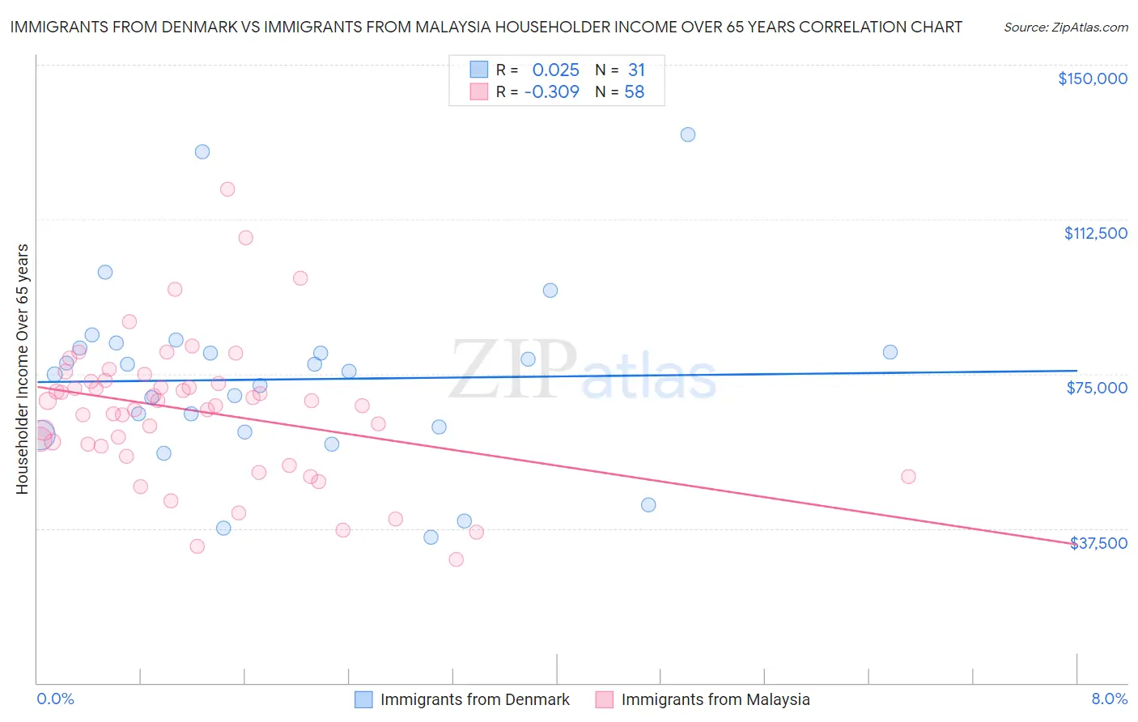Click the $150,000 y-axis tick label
tap(1092, 79)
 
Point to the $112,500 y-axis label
tap(1095, 233)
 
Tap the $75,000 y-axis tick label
tap(1097, 388)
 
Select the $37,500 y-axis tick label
tap(1098, 543)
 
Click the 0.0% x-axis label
tap(55, 699)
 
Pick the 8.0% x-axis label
tap(1109, 699)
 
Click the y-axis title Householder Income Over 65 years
tap(23, 368)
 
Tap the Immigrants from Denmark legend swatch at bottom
tap(364, 699)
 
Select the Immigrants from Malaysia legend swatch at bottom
tap(605, 699)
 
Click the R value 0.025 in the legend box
tap(555, 70)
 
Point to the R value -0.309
tap(551, 92)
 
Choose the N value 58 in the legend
tap(634, 92)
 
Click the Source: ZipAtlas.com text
tap(1065, 28)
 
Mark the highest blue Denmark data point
tap(688, 134)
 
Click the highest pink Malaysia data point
tap(227, 189)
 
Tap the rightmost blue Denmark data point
tap(890, 352)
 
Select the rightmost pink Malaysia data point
tap(908, 477)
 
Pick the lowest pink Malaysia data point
tap(456, 559)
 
